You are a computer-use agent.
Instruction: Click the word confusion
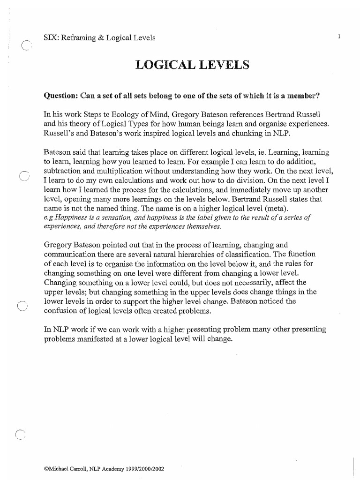coord(60,310)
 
